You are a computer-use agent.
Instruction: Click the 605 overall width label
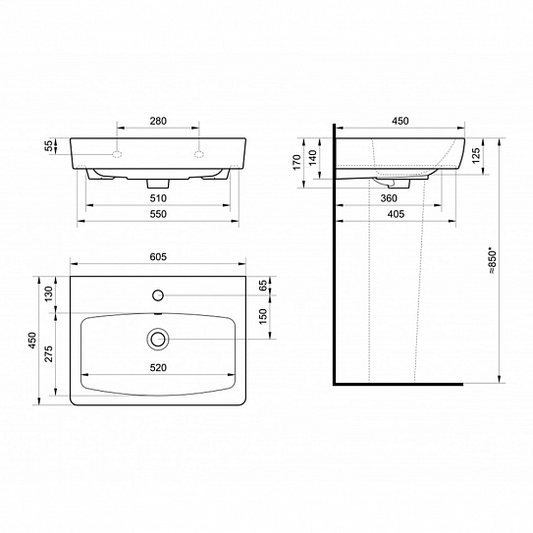click(x=157, y=258)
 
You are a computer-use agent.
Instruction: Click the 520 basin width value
click(x=157, y=367)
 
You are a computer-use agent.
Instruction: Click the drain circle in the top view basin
click(x=157, y=339)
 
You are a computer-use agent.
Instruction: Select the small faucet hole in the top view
click(x=157, y=293)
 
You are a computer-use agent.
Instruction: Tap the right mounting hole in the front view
click(x=198, y=155)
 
